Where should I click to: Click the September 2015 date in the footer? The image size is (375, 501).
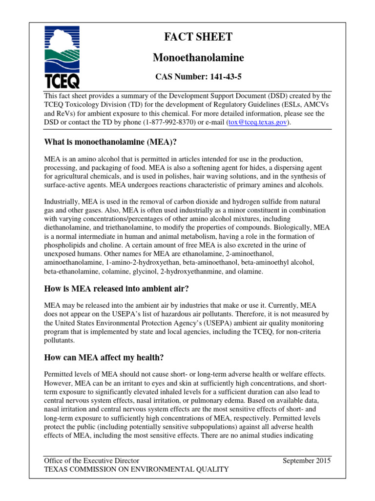(307, 460)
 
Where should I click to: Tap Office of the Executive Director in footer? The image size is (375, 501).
(91, 460)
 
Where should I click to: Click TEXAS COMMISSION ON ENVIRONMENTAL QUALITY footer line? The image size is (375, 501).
(136, 470)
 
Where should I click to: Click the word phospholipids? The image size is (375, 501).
(66, 245)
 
